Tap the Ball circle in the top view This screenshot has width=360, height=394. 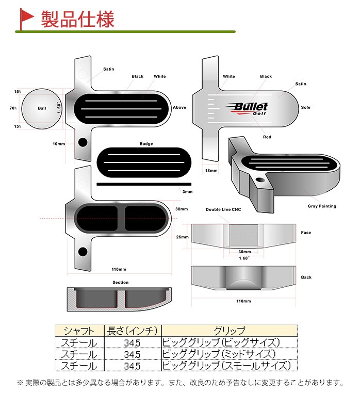point(42,108)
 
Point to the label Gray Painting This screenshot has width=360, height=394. point(322,206)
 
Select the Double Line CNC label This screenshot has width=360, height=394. point(223,209)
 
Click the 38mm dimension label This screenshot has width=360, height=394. point(182,209)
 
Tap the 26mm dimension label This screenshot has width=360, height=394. point(183,237)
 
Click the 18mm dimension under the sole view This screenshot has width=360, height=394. point(211,170)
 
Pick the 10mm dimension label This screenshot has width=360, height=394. point(59,144)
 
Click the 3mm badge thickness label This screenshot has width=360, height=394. point(187,191)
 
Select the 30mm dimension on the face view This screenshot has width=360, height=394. point(244,252)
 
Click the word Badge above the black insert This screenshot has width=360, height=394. point(146,144)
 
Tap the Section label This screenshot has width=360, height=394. point(120,283)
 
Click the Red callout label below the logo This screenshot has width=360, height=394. point(267,137)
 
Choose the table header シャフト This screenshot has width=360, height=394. point(79,331)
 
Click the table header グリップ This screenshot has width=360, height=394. point(229,331)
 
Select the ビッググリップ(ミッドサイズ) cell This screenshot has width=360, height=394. point(219,354)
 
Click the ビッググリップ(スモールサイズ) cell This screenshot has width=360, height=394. point(226,366)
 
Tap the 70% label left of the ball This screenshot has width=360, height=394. point(13,108)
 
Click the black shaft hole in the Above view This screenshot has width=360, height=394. point(83,142)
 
